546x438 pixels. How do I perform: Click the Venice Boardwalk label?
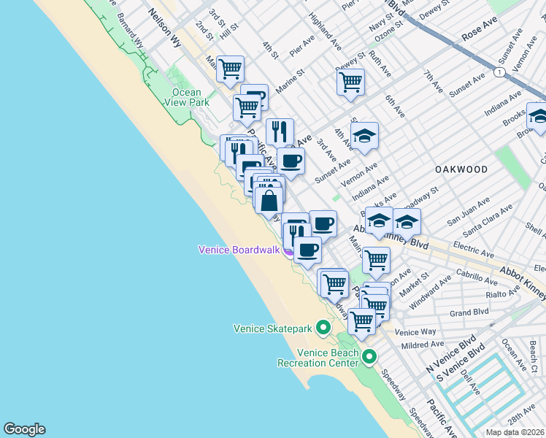(240, 250)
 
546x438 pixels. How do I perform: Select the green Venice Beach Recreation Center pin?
(369, 357)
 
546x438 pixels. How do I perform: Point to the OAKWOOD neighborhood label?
(461, 169)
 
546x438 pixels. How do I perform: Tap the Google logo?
(24, 429)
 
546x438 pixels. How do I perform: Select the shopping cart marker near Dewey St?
(351, 81)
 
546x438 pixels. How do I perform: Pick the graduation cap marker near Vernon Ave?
(364, 136)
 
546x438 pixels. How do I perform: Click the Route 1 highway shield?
(498, 73)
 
